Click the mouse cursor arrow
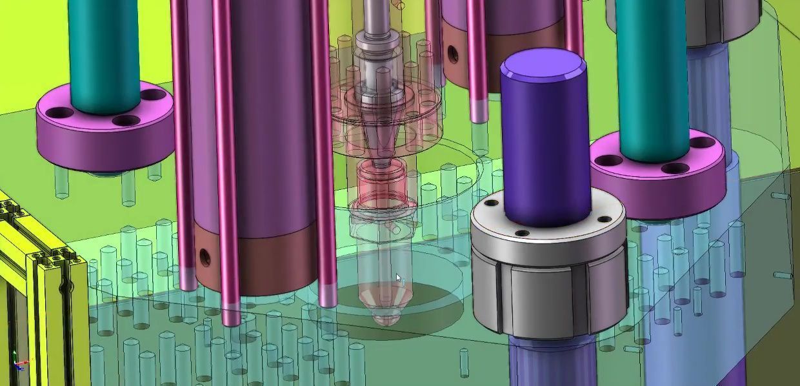[x=398, y=278]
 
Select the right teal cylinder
[x=652, y=77]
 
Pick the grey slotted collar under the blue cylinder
[x=548, y=284]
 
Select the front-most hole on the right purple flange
[x=675, y=168]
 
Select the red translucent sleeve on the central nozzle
[x=381, y=181]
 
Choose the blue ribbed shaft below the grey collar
[x=548, y=361]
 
